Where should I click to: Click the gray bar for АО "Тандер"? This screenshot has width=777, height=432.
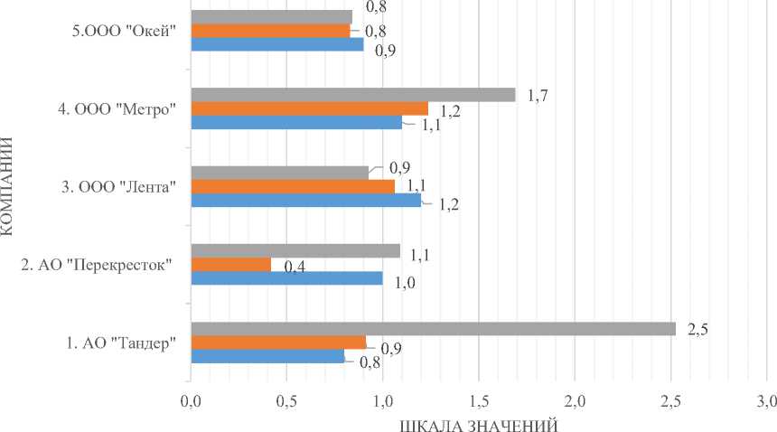click(433, 329)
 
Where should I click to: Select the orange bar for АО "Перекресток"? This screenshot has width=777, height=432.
click(230, 265)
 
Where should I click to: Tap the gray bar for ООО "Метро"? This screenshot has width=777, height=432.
click(352, 95)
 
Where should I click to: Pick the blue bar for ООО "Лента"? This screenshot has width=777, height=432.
click(305, 201)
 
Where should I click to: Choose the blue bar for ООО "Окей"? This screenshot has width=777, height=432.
click(276, 44)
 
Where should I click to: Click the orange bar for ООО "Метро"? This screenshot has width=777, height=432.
click(309, 108)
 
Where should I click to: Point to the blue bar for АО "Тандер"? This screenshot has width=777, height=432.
click(267, 356)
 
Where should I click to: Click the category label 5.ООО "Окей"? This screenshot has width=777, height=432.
click(124, 31)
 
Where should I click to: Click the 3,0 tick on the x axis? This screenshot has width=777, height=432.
click(766, 399)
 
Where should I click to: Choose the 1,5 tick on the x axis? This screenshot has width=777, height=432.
click(479, 399)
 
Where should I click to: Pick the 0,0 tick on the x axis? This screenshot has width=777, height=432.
click(191, 399)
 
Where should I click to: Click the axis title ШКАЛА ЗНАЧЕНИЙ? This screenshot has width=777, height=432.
click(479, 422)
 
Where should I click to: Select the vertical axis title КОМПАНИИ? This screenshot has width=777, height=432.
click(9, 186)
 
